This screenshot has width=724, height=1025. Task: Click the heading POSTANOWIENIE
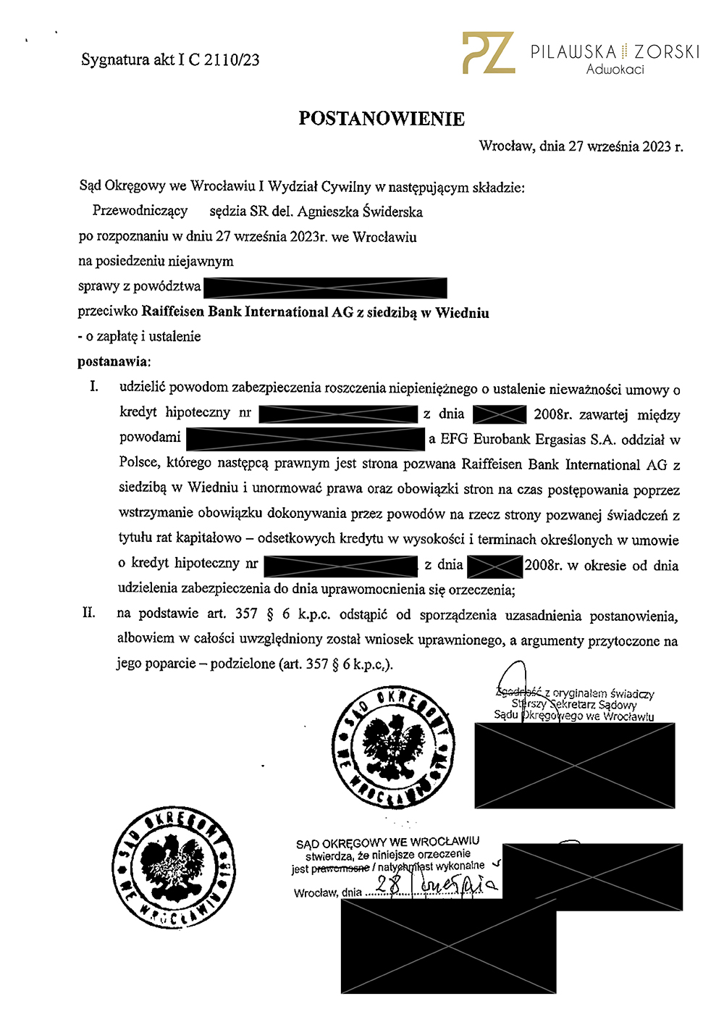(x=382, y=119)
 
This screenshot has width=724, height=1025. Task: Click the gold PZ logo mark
(x=489, y=53)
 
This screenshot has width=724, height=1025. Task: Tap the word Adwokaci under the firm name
(x=615, y=70)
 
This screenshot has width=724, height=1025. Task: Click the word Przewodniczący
(x=140, y=211)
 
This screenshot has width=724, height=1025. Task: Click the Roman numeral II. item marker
(x=89, y=613)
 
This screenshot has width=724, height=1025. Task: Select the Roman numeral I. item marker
(x=94, y=387)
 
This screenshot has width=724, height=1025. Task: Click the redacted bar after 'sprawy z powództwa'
(x=325, y=288)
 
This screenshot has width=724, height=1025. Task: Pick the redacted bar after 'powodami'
(x=305, y=439)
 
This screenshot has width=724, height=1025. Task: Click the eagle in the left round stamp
(x=174, y=866)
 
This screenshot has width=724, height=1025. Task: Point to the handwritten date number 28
(x=389, y=884)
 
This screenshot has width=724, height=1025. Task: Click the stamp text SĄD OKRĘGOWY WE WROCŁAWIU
(x=387, y=842)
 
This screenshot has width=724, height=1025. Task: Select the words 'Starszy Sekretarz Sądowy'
(x=573, y=704)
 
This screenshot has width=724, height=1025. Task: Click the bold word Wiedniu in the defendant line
(x=462, y=313)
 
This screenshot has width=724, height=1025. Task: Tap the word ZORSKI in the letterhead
(x=667, y=52)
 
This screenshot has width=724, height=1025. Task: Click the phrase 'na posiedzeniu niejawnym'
(x=156, y=261)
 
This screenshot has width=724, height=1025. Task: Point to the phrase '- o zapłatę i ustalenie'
(x=139, y=336)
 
